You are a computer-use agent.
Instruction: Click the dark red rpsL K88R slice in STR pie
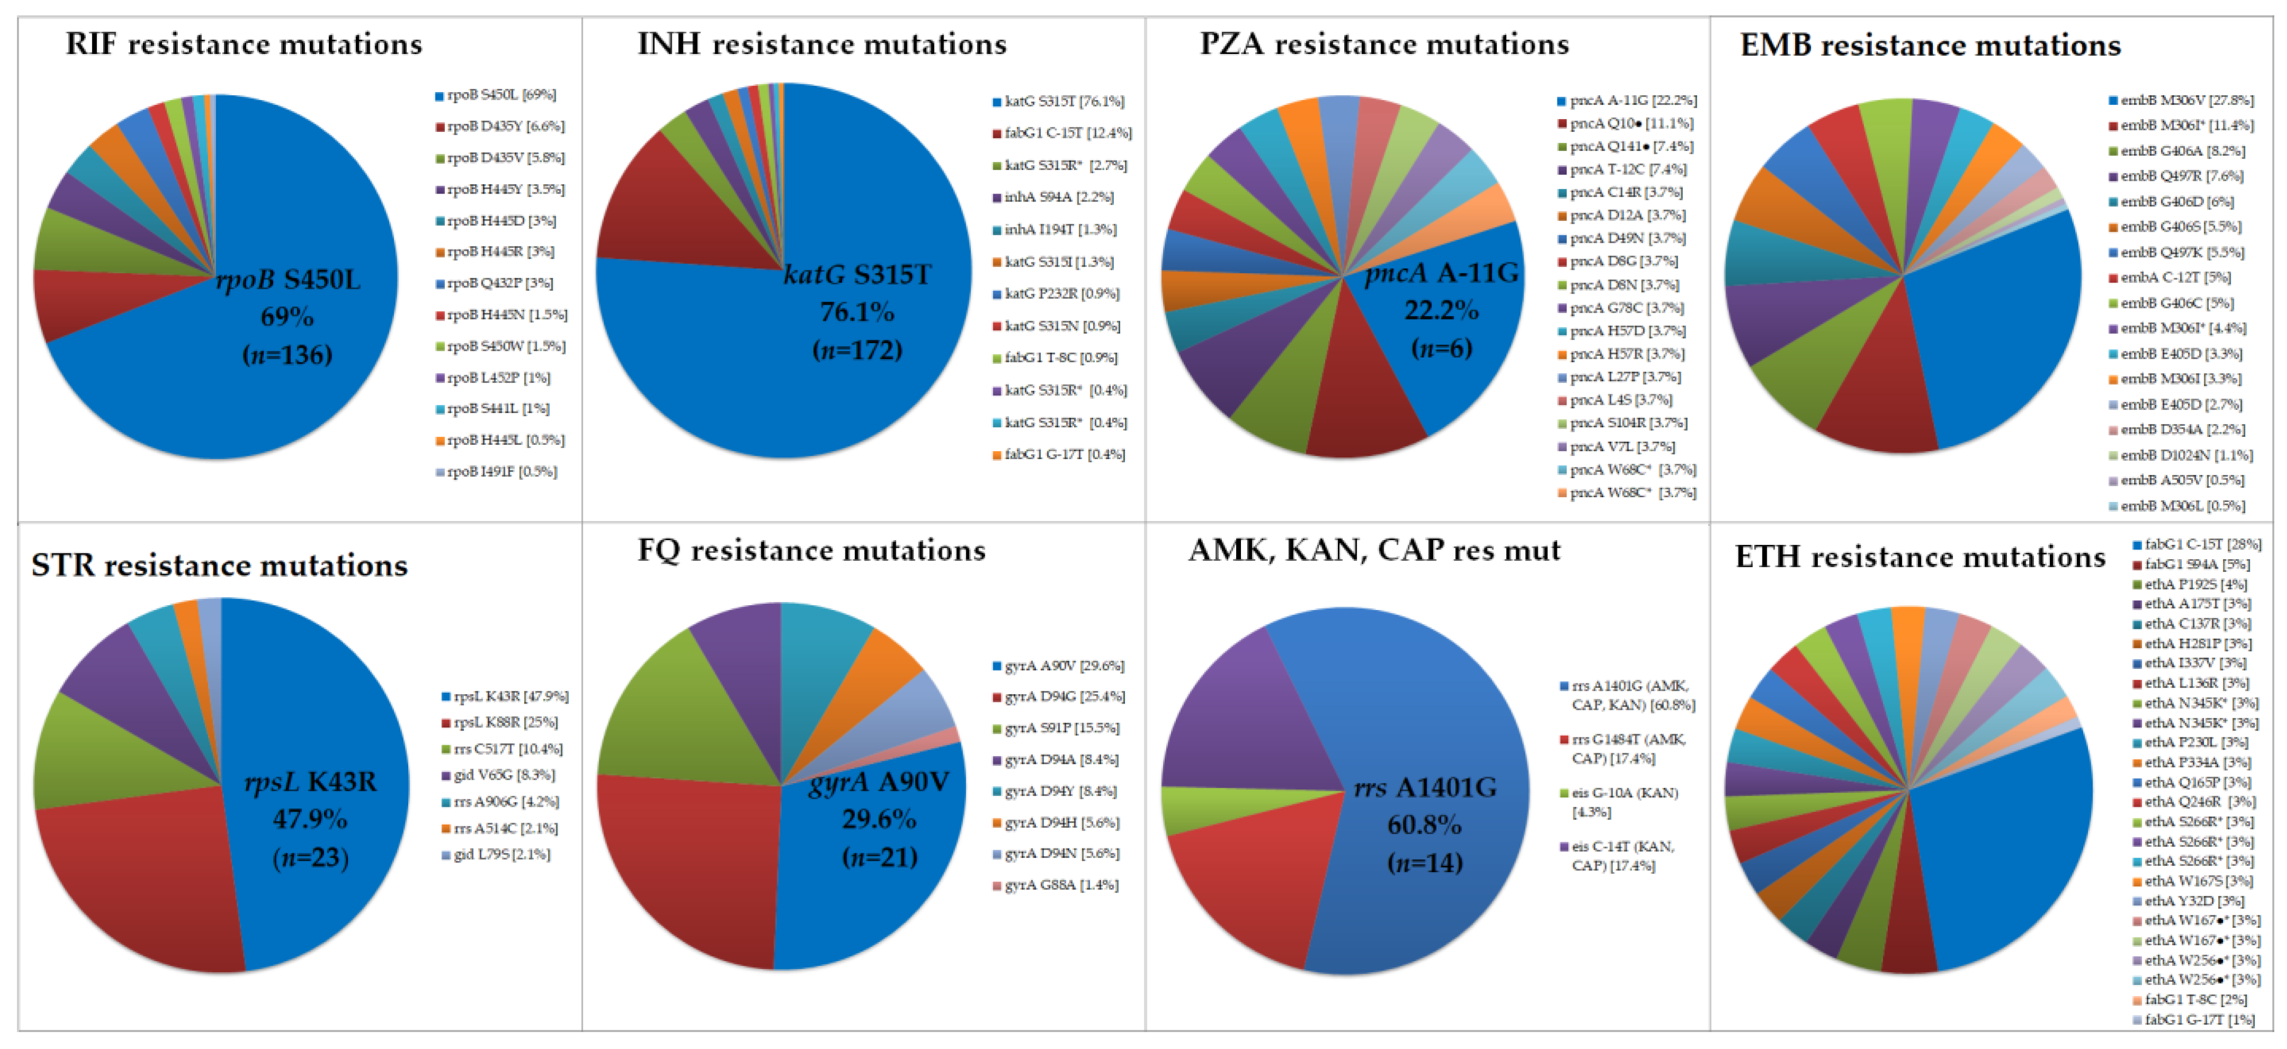(133, 879)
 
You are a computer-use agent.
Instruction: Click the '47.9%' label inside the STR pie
(309, 818)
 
